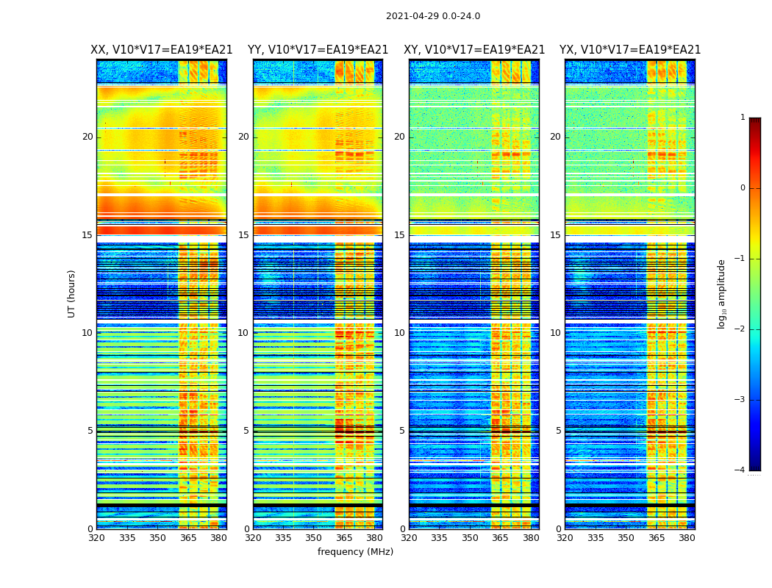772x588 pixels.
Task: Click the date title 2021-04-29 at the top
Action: click(x=432, y=16)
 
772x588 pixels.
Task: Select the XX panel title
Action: click(x=161, y=50)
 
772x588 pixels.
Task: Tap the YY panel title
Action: click(x=318, y=50)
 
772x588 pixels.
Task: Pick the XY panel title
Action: click(x=474, y=50)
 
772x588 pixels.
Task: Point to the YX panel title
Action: click(x=630, y=50)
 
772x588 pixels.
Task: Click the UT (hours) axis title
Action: click(x=72, y=293)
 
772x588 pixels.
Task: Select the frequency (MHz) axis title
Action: click(x=355, y=552)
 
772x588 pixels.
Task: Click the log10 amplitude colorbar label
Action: click(x=722, y=293)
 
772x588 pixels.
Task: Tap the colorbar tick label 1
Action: click(x=743, y=118)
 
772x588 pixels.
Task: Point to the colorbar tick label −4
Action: click(x=740, y=470)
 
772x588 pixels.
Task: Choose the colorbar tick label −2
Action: click(x=740, y=329)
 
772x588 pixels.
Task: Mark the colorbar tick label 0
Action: click(x=743, y=188)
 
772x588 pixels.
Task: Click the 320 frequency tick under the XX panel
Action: click(x=96, y=538)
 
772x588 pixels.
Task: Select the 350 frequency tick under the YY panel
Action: click(x=314, y=538)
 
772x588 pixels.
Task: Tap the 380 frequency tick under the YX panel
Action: click(x=687, y=538)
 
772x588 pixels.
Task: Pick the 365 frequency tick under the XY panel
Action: click(x=501, y=538)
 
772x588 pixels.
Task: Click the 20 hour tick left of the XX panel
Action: click(x=87, y=137)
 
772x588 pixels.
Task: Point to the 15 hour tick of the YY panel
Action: click(x=243, y=235)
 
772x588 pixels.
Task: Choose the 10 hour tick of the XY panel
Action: click(x=399, y=333)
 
